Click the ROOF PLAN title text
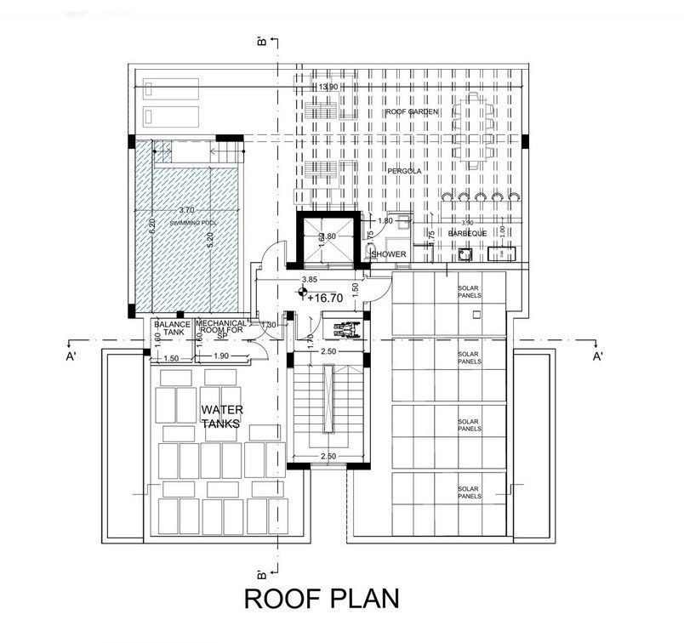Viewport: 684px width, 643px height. coord(321,598)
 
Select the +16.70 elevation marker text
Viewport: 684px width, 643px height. coord(324,298)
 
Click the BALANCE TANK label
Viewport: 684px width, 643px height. coord(170,327)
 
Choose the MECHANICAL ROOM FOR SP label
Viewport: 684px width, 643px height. coord(222,328)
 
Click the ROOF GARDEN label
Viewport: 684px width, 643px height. coord(408,112)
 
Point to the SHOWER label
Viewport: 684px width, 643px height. coord(389,253)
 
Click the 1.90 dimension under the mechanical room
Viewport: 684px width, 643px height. coord(220,356)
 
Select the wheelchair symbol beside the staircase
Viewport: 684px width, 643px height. coord(345,325)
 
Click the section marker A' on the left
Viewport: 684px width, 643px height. coord(71,356)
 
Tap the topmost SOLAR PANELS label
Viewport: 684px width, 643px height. coord(469,293)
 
